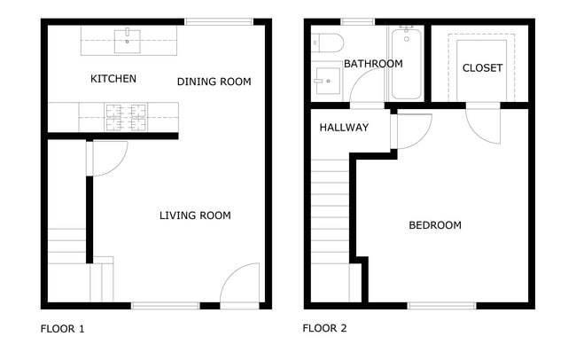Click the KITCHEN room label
tap(113, 80)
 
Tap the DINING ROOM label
tap(214, 82)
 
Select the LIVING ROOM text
tap(195, 215)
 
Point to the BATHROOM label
tap(373, 64)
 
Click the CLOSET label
tap(482, 68)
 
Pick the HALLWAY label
tap(344, 128)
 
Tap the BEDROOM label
tap(434, 225)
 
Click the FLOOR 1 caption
tap(63, 329)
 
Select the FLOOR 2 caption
tap(324, 329)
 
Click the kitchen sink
tap(130, 37)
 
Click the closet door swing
tap(486, 124)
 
